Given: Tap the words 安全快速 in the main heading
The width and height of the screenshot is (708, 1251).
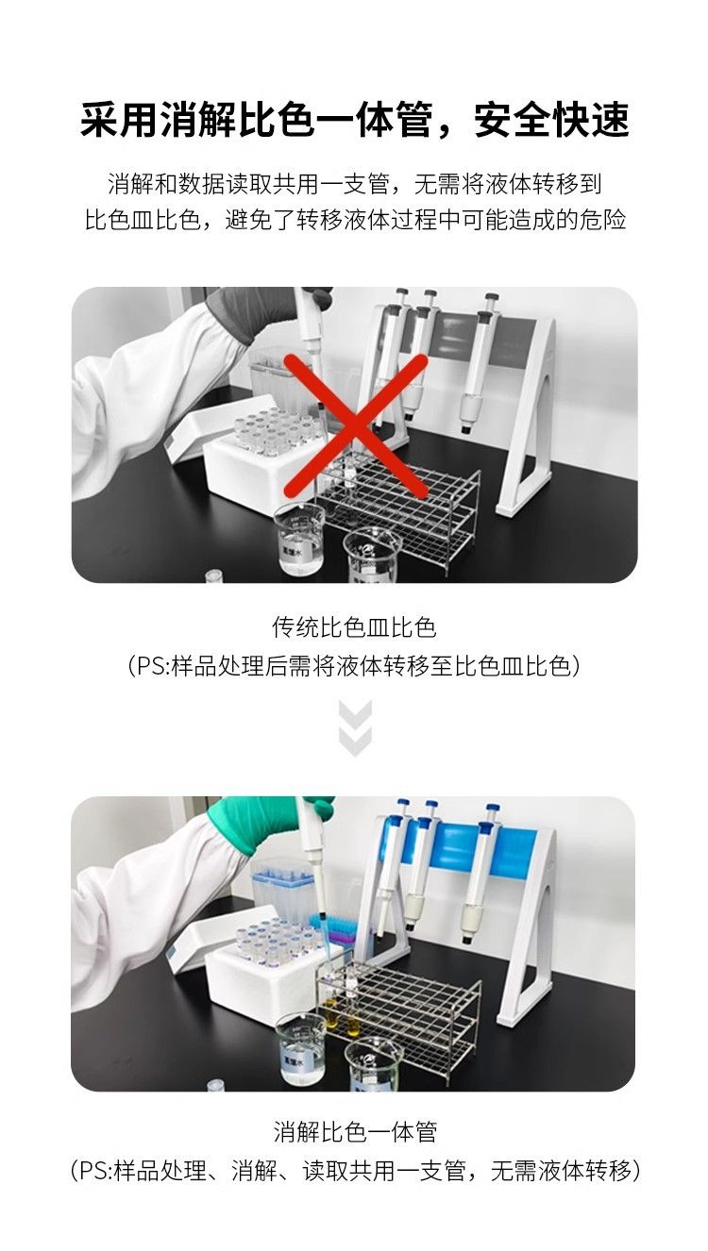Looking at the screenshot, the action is pyautogui.click(x=552, y=120).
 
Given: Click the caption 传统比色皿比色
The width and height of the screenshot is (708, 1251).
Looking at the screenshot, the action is pyautogui.click(x=354, y=627).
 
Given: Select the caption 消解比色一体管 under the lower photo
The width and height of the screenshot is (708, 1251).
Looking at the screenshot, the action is pyautogui.click(x=355, y=1131).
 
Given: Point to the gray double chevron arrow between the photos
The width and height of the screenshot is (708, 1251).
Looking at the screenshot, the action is pyautogui.click(x=355, y=728).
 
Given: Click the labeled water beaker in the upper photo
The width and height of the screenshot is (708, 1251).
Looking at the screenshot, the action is pyautogui.click(x=299, y=538).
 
